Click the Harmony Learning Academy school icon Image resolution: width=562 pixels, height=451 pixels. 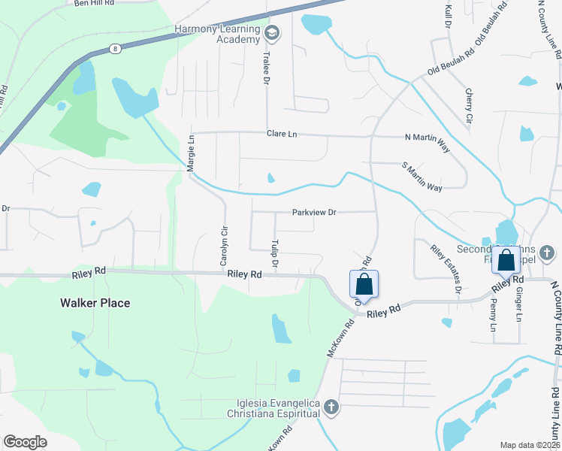click(x=271, y=33)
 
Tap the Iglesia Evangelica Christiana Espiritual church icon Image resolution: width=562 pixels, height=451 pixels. click(x=331, y=407)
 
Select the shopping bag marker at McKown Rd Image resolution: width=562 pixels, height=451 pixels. click(x=364, y=285)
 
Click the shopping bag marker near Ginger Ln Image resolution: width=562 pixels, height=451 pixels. click(x=506, y=261)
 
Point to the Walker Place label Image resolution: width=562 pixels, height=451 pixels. click(x=95, y=303)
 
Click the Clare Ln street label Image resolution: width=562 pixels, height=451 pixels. click(x=282, y=134)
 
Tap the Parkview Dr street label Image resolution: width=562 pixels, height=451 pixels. click(x=314, y=213)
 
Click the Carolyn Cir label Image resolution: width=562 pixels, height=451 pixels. click(x=223, y=247)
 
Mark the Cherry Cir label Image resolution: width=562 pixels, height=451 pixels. click(x=469, y=105)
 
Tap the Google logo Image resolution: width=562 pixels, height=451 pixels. click(x=25, y=442)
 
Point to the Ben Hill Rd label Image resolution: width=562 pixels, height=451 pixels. click(x=94, y=4)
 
